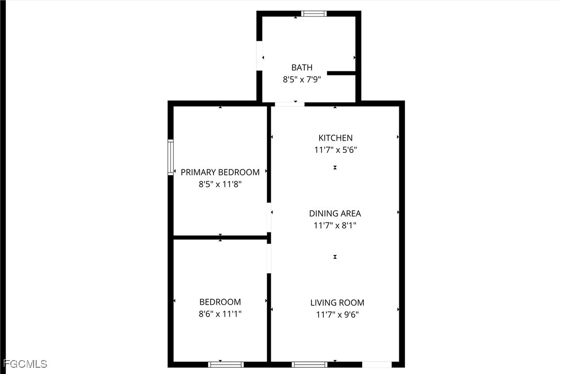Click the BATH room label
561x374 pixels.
302,67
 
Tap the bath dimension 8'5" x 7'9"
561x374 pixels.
302,80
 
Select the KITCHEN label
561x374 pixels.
335,138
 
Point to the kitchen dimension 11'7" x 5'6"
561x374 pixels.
335,150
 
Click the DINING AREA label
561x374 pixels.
335,213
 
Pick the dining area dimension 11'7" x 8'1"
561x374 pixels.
335,225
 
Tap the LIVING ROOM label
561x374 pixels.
337,303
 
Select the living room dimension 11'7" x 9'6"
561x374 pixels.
337,315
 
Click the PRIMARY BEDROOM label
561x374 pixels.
220,172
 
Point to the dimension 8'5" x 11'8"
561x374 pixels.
220,184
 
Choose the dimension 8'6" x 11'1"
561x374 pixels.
220,314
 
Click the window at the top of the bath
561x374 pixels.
314,13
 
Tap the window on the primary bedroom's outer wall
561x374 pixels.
170,157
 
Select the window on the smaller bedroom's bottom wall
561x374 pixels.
226,365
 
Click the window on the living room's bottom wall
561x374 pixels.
309,365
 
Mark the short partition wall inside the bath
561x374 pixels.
341,73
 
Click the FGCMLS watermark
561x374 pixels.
25,364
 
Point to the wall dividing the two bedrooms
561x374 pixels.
221,237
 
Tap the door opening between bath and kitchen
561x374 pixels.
289,104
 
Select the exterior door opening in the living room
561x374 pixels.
377,365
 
